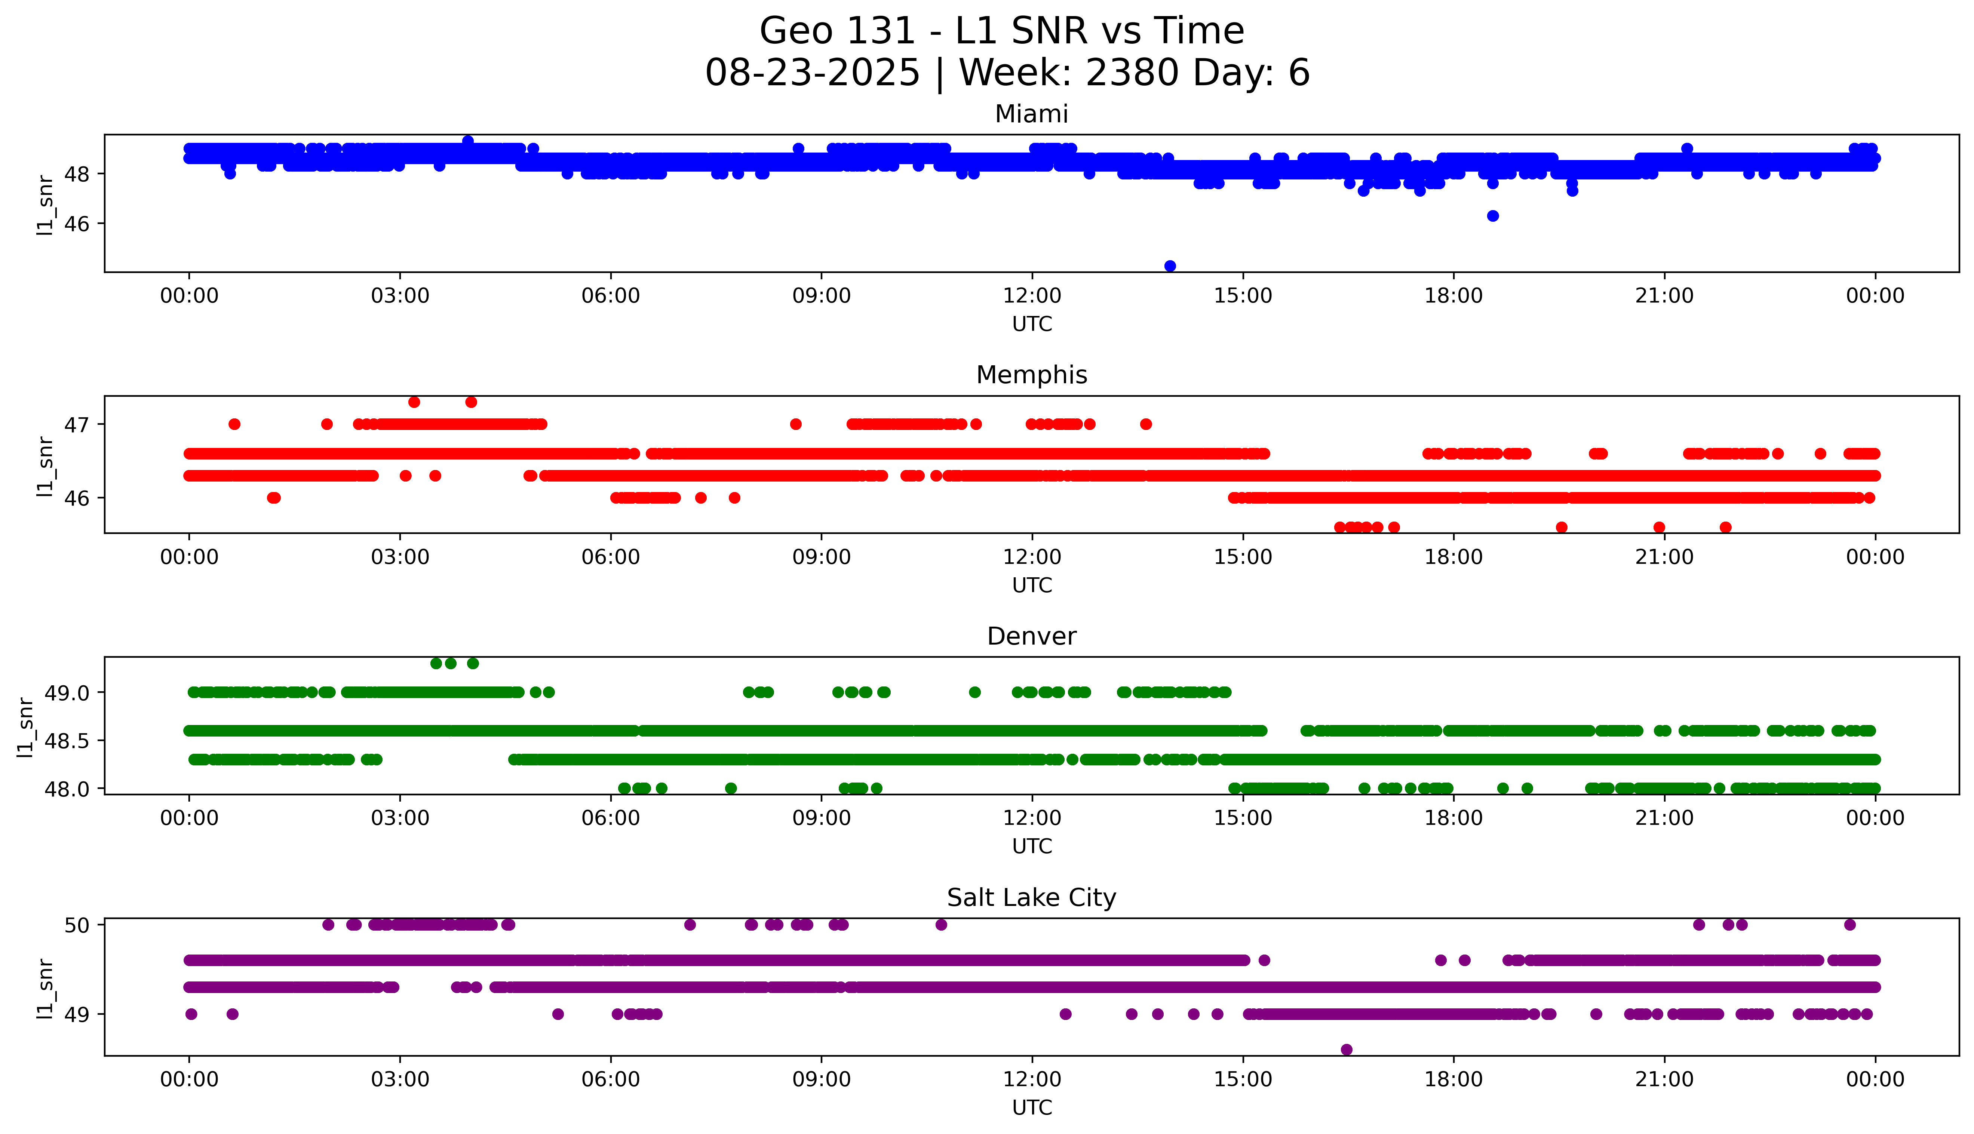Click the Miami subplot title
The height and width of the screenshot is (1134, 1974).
pos(1031,114)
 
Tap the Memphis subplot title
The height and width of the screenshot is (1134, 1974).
pos(1031,375)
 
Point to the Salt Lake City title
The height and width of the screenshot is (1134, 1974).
pos(1031,898)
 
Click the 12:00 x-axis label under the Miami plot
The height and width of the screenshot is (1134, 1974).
pos(1032,296)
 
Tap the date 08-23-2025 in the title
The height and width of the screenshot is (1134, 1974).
pos(812,73)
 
